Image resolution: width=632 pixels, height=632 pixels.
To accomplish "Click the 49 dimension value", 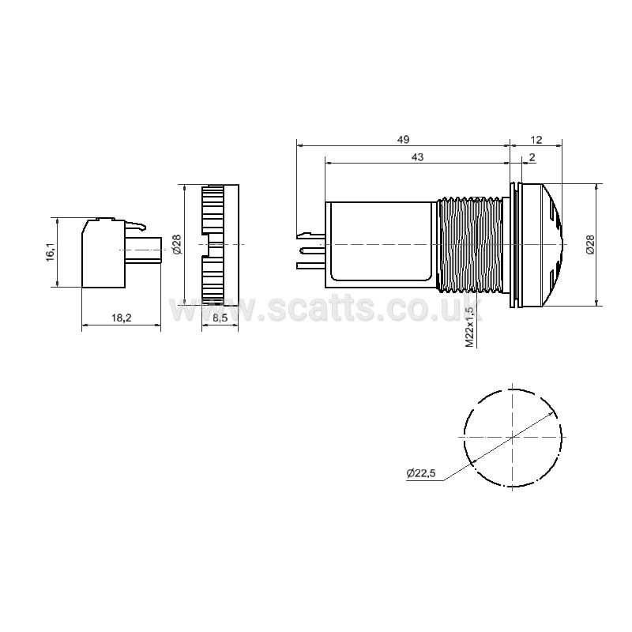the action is tap(403, 140).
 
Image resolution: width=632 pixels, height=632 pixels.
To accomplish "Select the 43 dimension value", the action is tap(418, 157).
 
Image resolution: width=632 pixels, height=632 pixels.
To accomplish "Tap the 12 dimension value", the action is tap(536, 140).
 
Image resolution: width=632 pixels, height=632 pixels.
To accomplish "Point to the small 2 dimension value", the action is tap(532, 157).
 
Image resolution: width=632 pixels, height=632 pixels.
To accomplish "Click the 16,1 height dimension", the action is tap(51, 253).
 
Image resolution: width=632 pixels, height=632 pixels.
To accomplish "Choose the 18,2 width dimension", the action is tap(122, 318).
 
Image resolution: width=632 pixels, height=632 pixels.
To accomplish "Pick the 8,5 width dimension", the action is tap(220, 318).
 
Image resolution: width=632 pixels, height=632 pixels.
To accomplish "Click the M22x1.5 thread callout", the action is tap(469, 326).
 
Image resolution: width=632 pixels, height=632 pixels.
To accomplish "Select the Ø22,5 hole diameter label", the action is tap(421, 472).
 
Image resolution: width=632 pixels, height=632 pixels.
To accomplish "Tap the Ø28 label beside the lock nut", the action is tap(177, 245).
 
